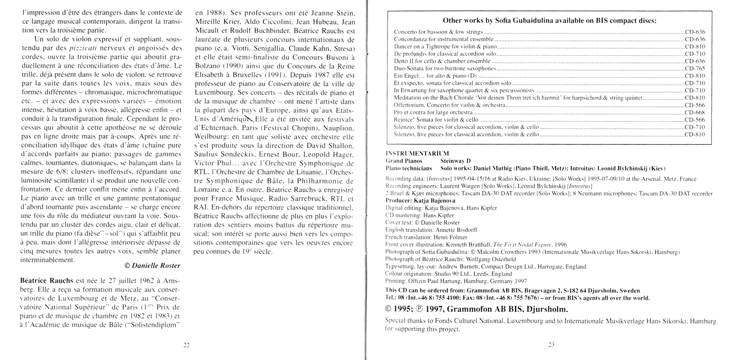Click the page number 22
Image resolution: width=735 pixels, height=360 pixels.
coord(187,345)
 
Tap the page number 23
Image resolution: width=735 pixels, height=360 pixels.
coord(550,345)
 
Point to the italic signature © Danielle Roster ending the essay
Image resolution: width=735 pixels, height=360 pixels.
coord(153,266)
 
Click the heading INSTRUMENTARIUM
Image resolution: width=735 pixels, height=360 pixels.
coord(417,153)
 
